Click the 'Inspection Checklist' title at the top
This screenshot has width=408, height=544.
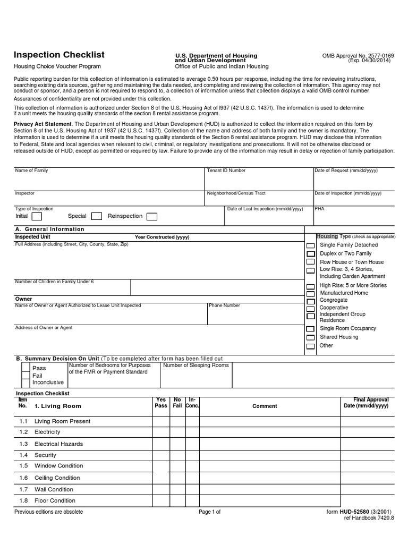58,55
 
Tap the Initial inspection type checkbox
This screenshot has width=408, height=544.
37,216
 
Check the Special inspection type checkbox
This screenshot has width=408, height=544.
97,216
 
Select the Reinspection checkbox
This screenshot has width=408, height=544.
151,216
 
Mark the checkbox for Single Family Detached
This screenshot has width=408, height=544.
310,246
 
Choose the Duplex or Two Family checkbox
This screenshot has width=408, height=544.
310,254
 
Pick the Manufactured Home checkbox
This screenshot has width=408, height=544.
310,294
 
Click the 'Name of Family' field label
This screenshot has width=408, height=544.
31,171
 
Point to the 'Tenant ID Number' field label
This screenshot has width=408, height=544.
226,171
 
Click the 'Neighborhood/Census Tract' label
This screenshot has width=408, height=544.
236,193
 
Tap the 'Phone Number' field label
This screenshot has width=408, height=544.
224,305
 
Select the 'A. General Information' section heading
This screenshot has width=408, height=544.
49,229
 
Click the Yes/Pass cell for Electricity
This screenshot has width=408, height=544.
160,432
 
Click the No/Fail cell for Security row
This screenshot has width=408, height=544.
177,455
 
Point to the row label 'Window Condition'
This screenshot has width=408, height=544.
58,466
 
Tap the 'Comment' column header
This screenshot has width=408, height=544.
264,406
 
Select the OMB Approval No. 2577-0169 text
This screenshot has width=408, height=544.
358,55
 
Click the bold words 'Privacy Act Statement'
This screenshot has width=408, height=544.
42,124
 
